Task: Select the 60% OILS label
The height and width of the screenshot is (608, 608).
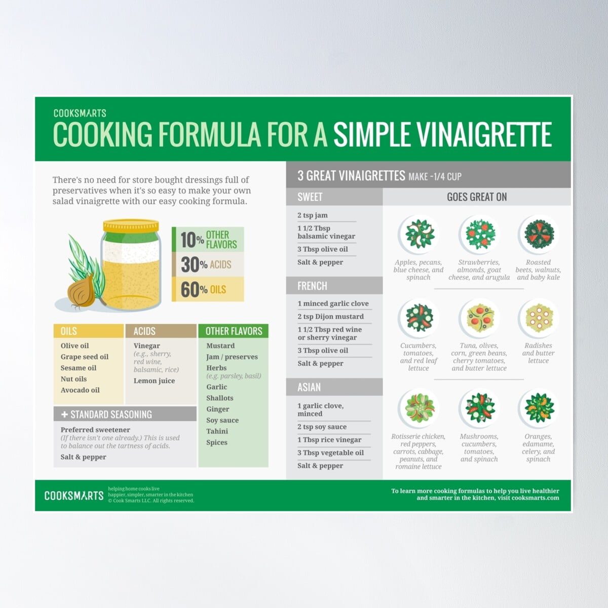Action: pos(207,289)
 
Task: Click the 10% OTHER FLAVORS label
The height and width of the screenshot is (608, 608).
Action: pos(208,240)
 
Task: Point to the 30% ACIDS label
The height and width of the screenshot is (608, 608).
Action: pos(207,264)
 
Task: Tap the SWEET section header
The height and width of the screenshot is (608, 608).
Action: pos(310,197)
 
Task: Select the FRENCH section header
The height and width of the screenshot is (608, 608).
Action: pos(312,286)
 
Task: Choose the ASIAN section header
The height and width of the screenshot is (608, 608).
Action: pos(309,387)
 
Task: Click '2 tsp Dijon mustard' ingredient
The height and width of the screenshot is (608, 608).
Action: pos(330,317)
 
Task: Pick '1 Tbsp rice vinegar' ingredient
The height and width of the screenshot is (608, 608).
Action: pos(329,440)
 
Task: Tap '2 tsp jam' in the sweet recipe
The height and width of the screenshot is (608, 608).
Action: pos(313,215)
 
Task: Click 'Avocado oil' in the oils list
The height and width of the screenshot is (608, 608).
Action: pos(80,390)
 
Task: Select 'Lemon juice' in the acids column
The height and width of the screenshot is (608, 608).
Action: pos(154,381)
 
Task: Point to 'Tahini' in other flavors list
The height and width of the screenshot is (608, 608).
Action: pos(217,431)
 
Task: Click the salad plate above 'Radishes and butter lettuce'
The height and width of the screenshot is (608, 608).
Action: pos(538,318)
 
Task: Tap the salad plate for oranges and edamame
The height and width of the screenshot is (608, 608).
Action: pos(538,408)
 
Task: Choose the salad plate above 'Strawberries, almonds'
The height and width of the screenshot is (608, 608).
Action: pos(479,234)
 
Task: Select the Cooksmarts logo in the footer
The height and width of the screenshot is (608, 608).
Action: pos(74,496)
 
